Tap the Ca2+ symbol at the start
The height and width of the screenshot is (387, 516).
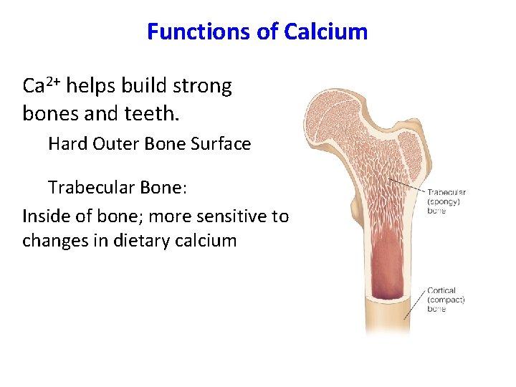[x=44, y=86]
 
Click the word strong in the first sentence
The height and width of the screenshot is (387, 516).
[x=204, y=86]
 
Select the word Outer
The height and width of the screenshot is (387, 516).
[x=116, y=144]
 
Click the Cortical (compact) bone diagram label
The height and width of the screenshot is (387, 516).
[x=446, y=300]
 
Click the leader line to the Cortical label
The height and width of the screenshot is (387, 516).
[x=414, y=305]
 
